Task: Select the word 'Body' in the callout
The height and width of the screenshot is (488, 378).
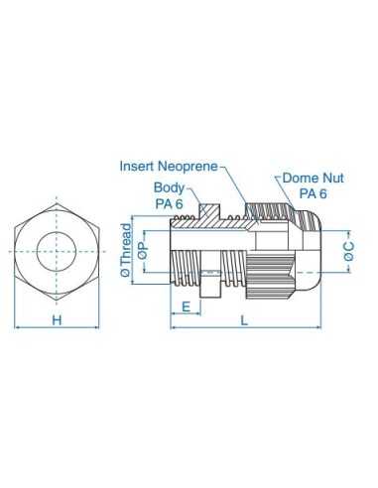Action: [167, 188]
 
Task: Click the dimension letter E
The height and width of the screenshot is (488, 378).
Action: [186, 306]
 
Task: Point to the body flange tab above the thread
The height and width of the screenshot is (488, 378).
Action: [208, 209]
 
